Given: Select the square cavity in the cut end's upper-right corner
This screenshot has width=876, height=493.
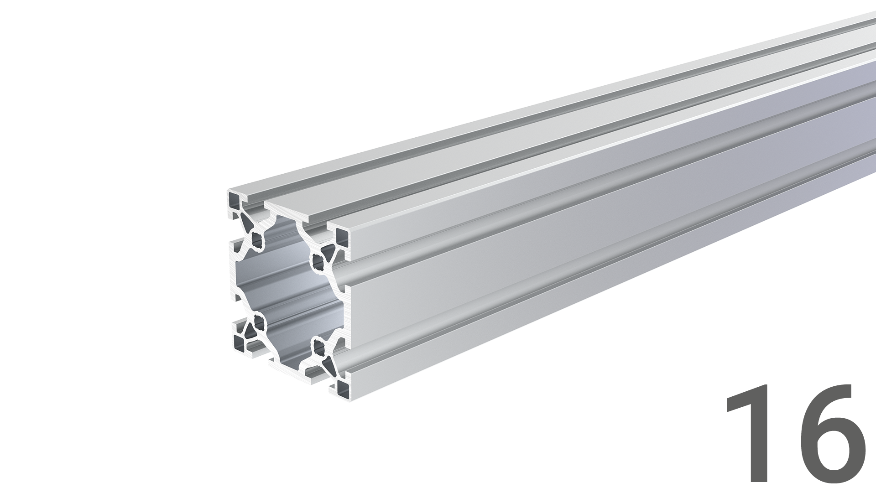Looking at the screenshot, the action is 343,238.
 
